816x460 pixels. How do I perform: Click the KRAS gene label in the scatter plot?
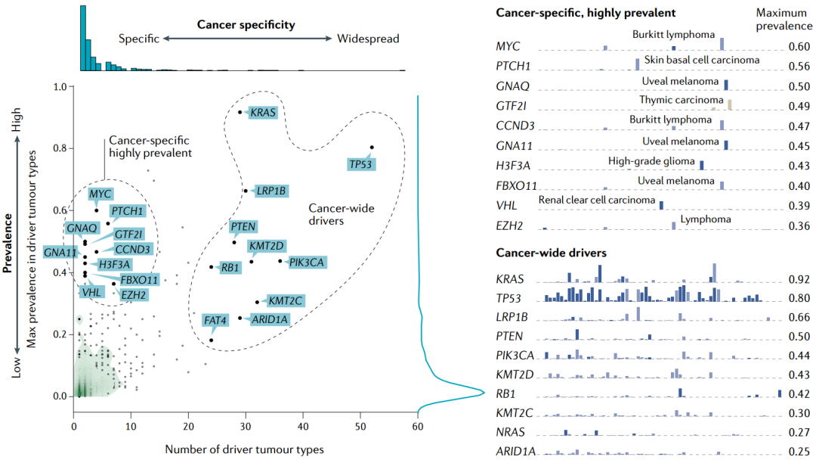tap(263, 113)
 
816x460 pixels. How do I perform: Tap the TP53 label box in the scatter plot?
tap(360, 163)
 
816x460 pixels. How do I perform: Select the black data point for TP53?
tap(372, 147)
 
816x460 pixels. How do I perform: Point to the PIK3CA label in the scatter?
tap(308, 263)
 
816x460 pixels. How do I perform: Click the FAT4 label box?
tap(215, 321)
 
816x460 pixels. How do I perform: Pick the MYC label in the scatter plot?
tap(100, 194)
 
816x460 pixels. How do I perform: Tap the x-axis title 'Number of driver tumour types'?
tap(245, 449)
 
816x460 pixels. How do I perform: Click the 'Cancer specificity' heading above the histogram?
tap(246, 25)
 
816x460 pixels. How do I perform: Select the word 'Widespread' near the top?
tap(368, 39)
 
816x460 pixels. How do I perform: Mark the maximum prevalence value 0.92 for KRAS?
tap(799, 279)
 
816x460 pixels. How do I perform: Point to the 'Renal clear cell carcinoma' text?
tap(597, 200)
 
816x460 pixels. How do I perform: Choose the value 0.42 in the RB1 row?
tap(799, 394)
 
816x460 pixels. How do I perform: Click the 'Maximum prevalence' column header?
tap(783, 18)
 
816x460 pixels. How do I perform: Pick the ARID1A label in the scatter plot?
tap(268, 319)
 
